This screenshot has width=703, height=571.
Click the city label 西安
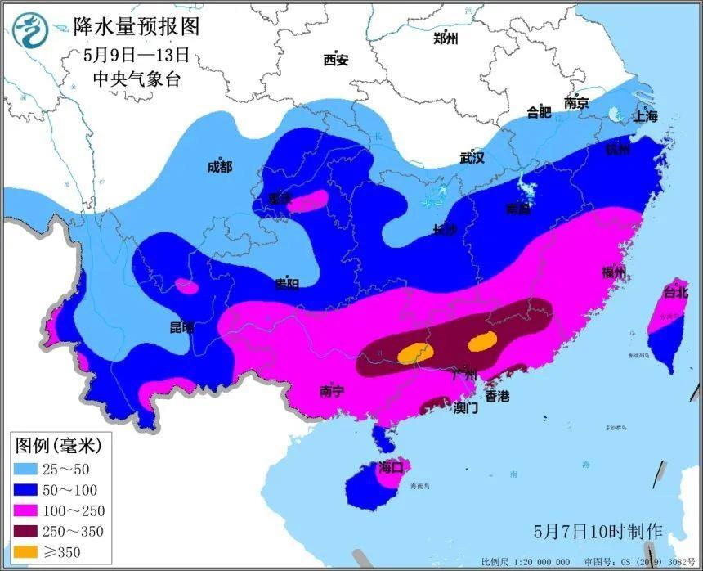point(335,60)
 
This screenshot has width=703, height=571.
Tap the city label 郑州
point(446,38)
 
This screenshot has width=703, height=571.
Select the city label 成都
point(219,167)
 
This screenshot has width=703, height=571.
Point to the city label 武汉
point(472,157)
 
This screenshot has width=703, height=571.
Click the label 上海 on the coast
point(645,116)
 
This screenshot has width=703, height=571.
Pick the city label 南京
point(576,103)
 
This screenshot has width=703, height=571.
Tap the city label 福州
point(613,272)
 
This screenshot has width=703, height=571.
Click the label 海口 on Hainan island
point(391,468)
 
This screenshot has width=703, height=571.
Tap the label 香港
point(497,396)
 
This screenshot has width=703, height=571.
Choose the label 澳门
point(466,407)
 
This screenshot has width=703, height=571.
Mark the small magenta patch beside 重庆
point(308,200)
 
